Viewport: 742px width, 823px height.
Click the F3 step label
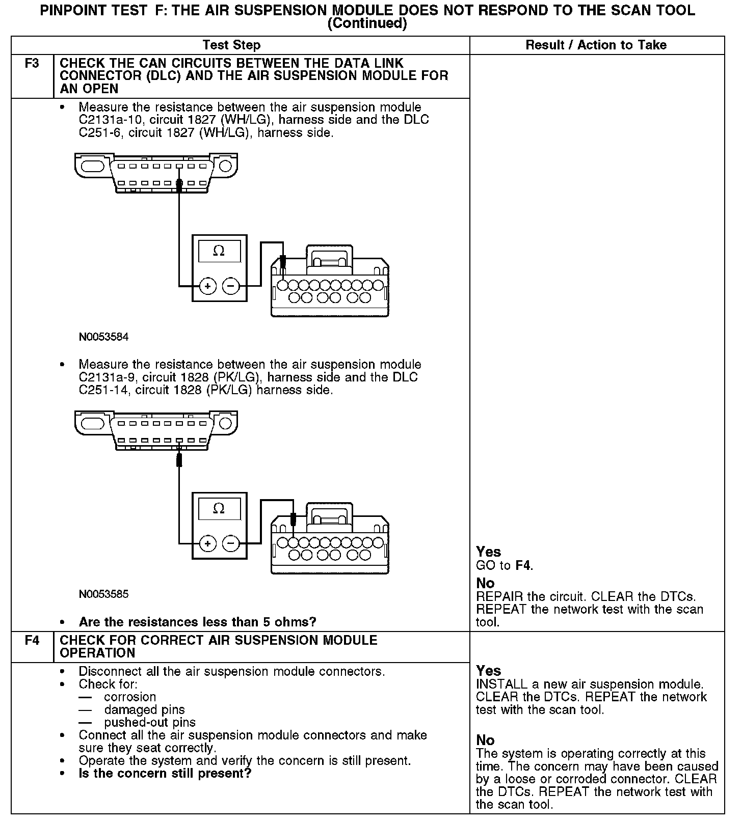tap(32, 64)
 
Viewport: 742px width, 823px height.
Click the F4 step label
tap(32, 640)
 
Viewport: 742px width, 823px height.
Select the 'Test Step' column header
tap(231, 45)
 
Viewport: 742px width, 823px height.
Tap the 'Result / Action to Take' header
tap(596, 45)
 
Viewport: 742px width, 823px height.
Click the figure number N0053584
tap(103, 337)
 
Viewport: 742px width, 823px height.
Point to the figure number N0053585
tap(103, 594)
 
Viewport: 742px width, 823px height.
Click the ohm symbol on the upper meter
tap(219, 251)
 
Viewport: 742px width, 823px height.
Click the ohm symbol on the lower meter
tap(219, 508)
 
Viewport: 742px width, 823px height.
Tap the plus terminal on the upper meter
tap(207, 286)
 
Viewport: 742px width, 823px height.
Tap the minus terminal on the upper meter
tap(231, 286)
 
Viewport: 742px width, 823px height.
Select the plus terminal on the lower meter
tap(207, 544)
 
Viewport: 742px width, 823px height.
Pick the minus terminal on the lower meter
tap(231, 544)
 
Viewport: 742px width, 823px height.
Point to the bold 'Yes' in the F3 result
tap(488, 552)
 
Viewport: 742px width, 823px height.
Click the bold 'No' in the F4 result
tap(485, 739)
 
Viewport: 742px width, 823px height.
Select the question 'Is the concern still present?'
tap(165, 774)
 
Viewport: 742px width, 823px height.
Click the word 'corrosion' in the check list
tap(130, 697)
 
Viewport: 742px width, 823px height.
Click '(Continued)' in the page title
tap(367, 23)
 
